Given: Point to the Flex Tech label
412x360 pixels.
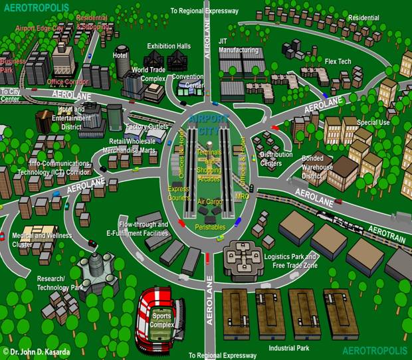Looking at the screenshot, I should pyautogui.click(x=339, y=62).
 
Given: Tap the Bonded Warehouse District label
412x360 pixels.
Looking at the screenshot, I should pyautogui.click(x=317, y=167).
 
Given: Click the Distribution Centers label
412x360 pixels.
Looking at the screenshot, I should pyautogui.click(x=276, y=159).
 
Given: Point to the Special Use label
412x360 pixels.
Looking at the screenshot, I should pyautogui.click(x=373, y=123).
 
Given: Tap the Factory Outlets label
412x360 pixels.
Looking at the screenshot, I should pyautogui.click(x=146, y=127).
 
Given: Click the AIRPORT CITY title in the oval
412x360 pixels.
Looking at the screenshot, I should pyautogui.click(x=208, y=125).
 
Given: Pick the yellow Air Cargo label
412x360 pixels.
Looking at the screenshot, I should pyautogui.click(x=210, y=201).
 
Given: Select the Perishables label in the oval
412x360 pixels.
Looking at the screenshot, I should pyautogui.click(x=210, y=227).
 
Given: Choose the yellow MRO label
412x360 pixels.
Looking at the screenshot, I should pyautogui.click(x=243, y=197).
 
